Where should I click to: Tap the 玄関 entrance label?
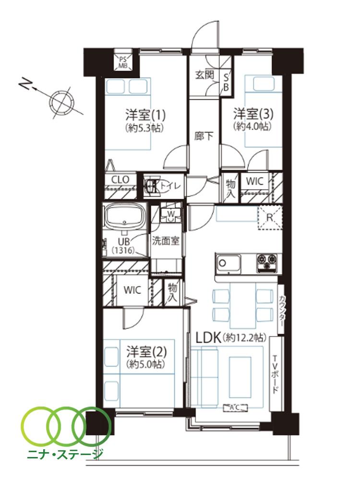click(x=205, y=75)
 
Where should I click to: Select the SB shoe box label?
click(x=226, y=82)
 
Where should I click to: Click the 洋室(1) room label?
click(x=145, y=115)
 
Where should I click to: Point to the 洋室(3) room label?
click(x=253, y=114)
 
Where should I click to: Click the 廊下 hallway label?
click(x=204, y=136)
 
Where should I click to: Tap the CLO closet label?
click(x=120, y=180)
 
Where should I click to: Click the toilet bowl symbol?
click(x=151, y=186)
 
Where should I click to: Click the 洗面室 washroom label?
click(x=166, y=241)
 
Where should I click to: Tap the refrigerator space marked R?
click(x=270, y=217)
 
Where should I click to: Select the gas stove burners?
click(x=267, y=263)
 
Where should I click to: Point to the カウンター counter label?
click(x=282, y=311)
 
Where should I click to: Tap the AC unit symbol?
click(x=235, y=408)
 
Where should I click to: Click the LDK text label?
click(x=208, y=338)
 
